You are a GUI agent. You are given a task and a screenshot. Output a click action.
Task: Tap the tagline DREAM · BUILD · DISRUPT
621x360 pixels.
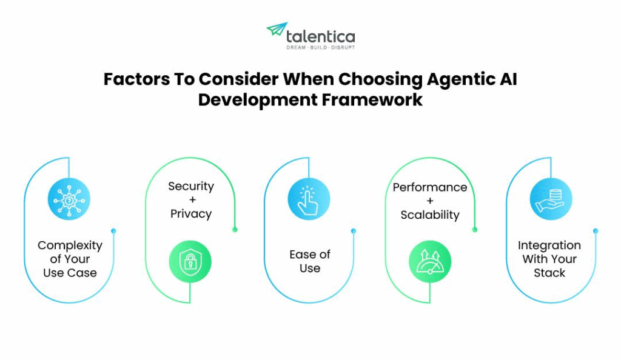(x=320, y=47)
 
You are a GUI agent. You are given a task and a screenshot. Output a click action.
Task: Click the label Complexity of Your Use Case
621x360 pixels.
(x=70, y=259)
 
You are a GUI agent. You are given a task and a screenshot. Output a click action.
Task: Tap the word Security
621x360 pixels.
(x=191, y=186)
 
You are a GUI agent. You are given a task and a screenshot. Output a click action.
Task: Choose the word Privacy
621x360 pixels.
(x=191, y=214)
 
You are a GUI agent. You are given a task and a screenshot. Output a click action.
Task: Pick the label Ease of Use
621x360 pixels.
(x=310, y=261)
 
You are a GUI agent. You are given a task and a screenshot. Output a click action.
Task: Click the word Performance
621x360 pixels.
(x=430, y=187)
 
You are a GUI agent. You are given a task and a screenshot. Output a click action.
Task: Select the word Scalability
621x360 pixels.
(x=430, y=215)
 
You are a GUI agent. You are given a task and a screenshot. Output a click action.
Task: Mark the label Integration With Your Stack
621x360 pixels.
(x=549, y=259)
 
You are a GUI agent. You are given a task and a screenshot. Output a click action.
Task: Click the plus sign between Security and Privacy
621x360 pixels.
(x=190, y=200)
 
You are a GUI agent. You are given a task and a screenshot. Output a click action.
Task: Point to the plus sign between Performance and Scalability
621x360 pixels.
(x=430, y=201)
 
